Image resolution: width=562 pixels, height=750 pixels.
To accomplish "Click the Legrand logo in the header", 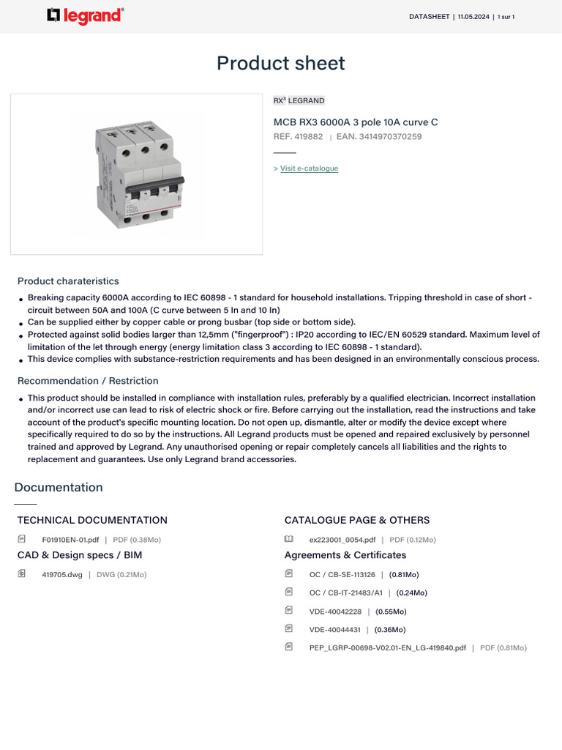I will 85,15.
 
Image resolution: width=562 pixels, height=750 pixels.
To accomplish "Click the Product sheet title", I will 280,63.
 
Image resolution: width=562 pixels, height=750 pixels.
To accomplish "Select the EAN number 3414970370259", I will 390,136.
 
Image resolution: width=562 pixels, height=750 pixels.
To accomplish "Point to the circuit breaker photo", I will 136,174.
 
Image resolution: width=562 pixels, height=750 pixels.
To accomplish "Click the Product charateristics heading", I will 68,281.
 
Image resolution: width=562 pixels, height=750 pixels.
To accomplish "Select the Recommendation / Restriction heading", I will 88,381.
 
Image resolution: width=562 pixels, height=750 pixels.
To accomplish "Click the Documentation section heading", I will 59,487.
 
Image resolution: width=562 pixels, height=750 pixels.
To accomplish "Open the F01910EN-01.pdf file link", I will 70,540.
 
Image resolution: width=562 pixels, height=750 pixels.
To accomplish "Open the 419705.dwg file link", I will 62,575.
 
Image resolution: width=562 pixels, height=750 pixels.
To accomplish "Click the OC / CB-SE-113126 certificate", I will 342,575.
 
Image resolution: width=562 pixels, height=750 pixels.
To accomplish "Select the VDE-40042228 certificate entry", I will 335,612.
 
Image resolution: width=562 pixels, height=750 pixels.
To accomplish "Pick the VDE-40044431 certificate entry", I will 335,630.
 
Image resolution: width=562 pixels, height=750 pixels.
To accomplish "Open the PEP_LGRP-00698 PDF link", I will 387,648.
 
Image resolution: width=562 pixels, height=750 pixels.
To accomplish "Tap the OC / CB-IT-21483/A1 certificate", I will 345,593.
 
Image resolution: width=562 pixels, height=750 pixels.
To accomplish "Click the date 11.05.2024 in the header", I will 474,17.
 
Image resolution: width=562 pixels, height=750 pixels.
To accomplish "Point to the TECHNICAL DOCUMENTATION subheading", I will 92,520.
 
